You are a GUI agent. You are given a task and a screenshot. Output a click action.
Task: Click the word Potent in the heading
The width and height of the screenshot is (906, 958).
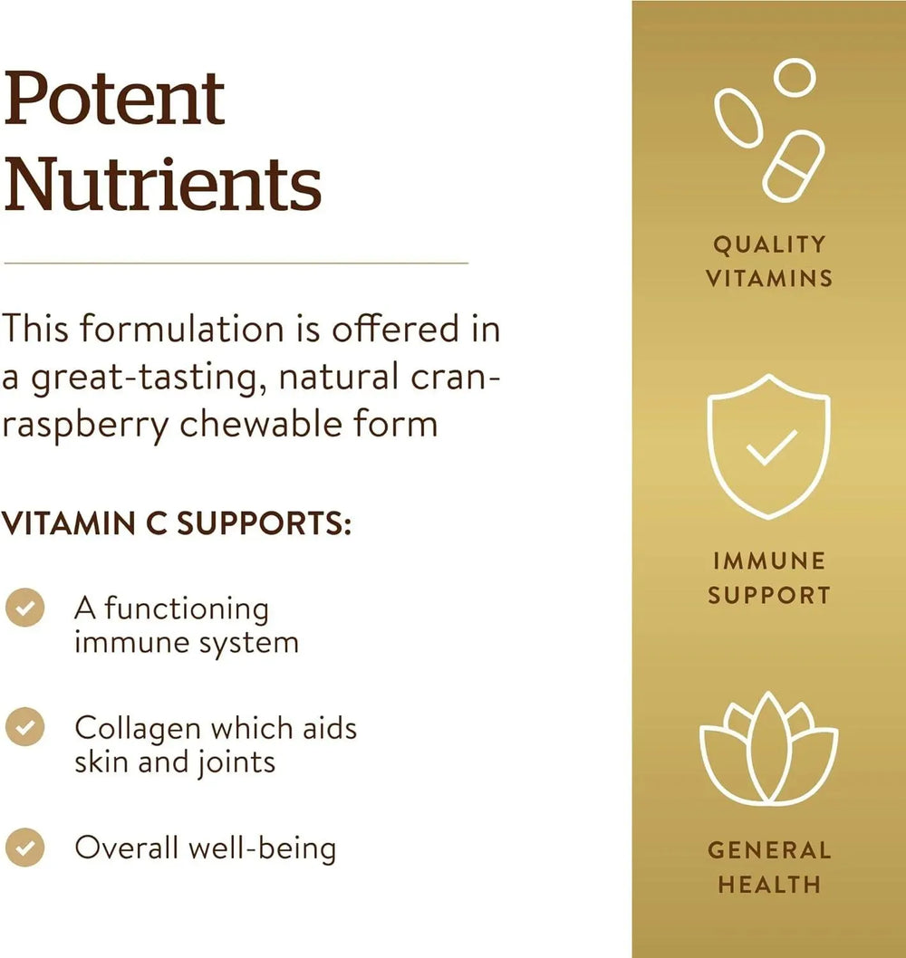pos(114,99)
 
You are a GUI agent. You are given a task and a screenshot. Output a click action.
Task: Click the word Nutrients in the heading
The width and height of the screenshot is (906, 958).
pos(162,184)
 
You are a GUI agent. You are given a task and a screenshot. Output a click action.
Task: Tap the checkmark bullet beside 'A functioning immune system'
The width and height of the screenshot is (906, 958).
pos(25,608)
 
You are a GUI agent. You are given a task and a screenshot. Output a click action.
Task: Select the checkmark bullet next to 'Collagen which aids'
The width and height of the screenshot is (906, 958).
pos(25,726)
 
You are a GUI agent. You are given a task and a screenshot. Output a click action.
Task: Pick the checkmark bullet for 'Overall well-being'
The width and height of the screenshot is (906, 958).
pos(25,848)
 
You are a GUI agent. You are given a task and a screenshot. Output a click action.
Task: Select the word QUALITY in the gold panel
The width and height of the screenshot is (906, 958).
pos(769,244)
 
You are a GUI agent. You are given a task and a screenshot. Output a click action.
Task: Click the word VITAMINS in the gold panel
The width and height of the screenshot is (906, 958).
pos(769,279)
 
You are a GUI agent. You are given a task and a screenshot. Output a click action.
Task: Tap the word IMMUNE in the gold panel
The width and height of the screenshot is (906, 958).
pos(769,560)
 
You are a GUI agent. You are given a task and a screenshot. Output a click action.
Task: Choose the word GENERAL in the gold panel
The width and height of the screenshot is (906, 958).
pos(769,850)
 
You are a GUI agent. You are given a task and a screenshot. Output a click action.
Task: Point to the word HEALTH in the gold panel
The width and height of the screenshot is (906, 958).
pos(769,884)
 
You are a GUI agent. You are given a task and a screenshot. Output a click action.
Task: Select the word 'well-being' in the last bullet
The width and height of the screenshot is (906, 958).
pos(262,849)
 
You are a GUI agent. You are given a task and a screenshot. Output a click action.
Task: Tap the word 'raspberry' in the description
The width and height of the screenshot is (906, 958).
pos(85,426)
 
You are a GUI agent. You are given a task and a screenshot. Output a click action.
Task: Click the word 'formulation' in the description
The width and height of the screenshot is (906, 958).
pos(182,328)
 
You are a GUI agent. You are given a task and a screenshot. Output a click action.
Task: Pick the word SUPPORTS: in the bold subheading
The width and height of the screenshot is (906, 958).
pos(264,523)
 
